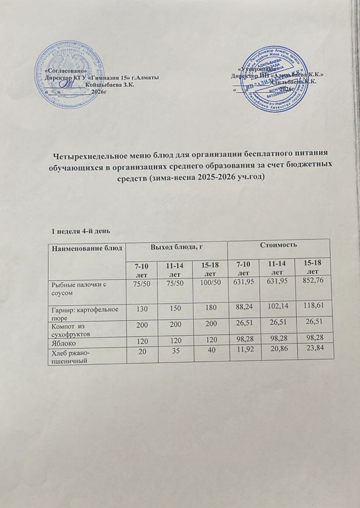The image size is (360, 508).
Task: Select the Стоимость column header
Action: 278,245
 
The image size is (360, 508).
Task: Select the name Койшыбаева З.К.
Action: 112,86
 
